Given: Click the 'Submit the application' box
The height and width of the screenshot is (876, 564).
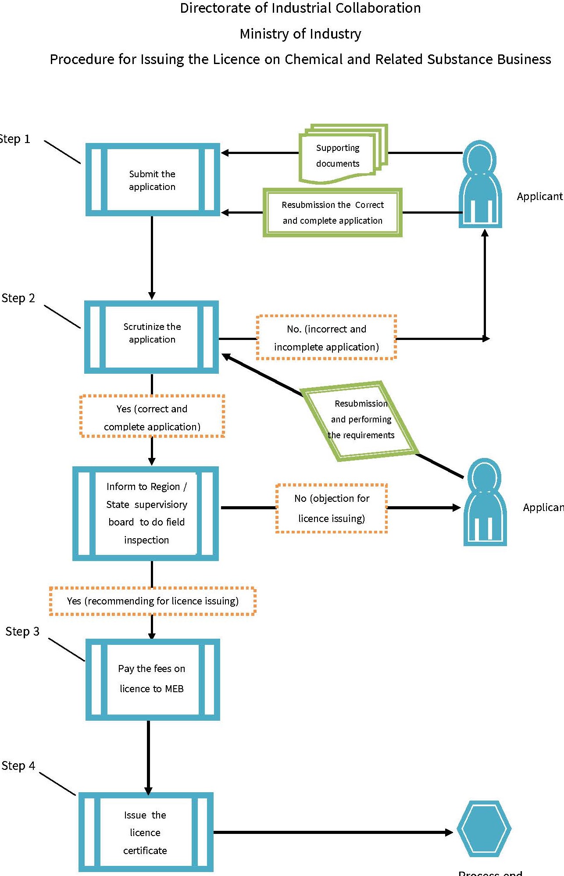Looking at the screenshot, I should pos(152,180).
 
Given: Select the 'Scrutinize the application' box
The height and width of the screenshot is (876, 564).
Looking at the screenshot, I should pos(152,337).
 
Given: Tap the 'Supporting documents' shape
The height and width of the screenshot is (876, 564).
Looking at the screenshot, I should pos(338,156).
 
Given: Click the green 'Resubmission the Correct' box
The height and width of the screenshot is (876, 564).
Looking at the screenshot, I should pos(332,213).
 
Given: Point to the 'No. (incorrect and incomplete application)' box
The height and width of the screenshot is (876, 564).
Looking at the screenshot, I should pos(326,338).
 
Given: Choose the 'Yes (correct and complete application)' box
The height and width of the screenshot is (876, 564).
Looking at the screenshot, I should pos(152,417).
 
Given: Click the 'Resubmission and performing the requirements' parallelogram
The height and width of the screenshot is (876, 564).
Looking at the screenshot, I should pos(361,420).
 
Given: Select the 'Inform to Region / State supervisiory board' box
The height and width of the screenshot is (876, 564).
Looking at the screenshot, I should pos(146,513).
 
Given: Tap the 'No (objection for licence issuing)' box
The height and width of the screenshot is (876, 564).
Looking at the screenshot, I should pos(332,508).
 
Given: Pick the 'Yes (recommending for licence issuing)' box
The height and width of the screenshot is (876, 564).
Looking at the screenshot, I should pos(153,601).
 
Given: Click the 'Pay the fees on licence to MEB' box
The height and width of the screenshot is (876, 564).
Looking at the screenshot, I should pos(152,679).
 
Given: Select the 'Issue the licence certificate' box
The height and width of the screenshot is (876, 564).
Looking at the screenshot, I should pos(146,832).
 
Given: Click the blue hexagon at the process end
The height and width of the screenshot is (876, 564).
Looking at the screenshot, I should pos(484,829).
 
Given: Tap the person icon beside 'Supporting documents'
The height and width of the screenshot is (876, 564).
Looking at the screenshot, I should pos(480,184).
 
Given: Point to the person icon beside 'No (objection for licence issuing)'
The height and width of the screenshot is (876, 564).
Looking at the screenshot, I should pos(485,502).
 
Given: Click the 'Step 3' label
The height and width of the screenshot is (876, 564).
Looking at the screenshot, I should pos(22,632).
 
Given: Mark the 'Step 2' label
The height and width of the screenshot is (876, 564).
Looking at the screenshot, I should pos(18,298).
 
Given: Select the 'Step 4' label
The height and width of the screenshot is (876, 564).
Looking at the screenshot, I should pos(18,766).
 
